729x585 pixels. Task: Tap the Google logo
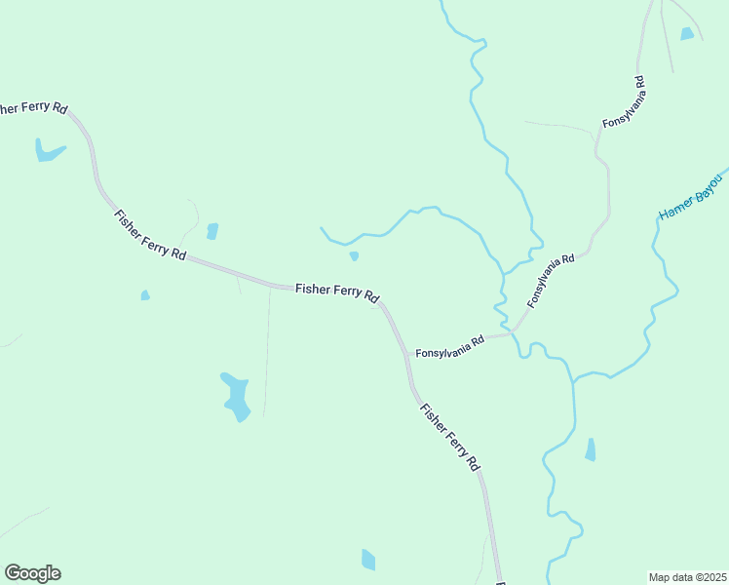click(32, 573)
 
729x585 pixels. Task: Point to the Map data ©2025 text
click(688, 577)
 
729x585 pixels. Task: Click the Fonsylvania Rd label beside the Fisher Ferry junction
click(449, 347)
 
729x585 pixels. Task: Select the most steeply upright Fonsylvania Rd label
click(625, 102)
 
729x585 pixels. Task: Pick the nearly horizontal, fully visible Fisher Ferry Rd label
click(337, 292)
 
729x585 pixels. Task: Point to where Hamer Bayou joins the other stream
click(574, 379)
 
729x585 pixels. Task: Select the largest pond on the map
click(236, 396)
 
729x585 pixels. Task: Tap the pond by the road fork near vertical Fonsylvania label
click(687, 34)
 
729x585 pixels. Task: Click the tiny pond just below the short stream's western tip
click(354, 256)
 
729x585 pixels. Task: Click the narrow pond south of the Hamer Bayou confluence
click(590, 449)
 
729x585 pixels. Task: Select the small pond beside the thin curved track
click(212, 231)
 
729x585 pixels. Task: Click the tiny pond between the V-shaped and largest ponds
click(145, 294)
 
